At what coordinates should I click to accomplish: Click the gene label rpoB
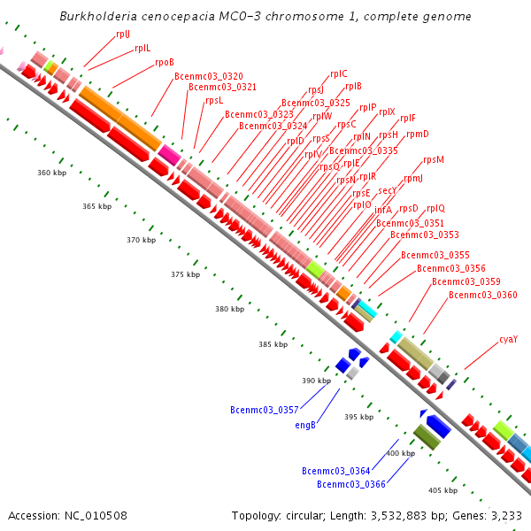(165, 63)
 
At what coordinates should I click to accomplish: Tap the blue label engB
(306, 425)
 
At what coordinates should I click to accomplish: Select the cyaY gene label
(508, 339)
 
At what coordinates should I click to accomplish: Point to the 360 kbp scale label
(52, 173)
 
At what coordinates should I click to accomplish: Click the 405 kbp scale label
(442, 490)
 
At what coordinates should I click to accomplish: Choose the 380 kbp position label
(229, 309)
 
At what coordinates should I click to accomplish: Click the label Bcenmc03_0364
(335, 471)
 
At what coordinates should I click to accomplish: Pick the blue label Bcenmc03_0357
(264, 411)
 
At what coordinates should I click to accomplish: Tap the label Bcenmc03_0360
(483, 295)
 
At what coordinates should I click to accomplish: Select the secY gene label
(388, 191)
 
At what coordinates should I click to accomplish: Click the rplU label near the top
(122, 34)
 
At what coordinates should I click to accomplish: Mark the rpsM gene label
(434, 160)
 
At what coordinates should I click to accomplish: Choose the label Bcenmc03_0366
(350, 484)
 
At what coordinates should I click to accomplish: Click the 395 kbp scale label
(358, 417)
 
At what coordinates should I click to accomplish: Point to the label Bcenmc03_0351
(410, 223)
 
